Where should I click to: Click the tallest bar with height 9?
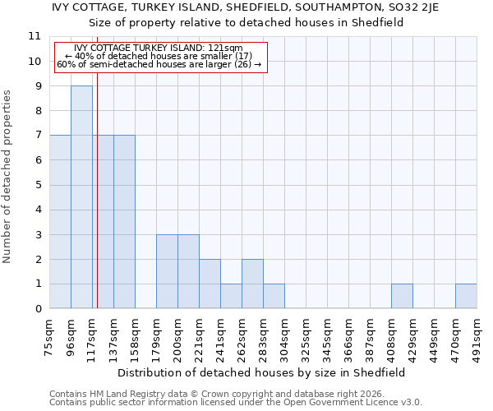(81, 197)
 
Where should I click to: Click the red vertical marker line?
(97, 205)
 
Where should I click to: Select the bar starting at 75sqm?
(60, 222)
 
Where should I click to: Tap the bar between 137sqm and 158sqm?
(124, 222)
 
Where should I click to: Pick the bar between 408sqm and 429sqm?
(402, 297)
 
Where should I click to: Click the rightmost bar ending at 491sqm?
(466, 297)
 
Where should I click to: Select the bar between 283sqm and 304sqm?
(274, 297)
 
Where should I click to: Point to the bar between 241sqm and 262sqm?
(231, 297)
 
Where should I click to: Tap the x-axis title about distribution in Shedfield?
(261, 372)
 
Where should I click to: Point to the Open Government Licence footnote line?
(236, 402)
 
